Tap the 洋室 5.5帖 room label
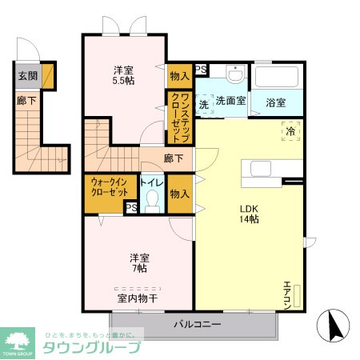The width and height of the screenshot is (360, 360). click(122, 74)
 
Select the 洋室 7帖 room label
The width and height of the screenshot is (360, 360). click(139, 262)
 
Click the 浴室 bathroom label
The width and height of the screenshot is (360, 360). click(276, 102)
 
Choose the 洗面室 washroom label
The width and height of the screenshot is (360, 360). click(230, 102)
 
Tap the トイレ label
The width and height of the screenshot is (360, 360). click(153, 182)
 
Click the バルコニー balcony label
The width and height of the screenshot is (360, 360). click(196, 325)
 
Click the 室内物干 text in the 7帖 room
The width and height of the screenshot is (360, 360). click(138, 298)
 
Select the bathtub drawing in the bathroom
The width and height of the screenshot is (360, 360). click(278, 78)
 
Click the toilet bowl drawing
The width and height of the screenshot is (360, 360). click(154, 202)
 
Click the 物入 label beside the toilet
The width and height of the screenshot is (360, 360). click(179, 194)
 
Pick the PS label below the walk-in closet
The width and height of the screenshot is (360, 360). click(130, 208)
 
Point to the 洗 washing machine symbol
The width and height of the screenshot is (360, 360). click(203, 104)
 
